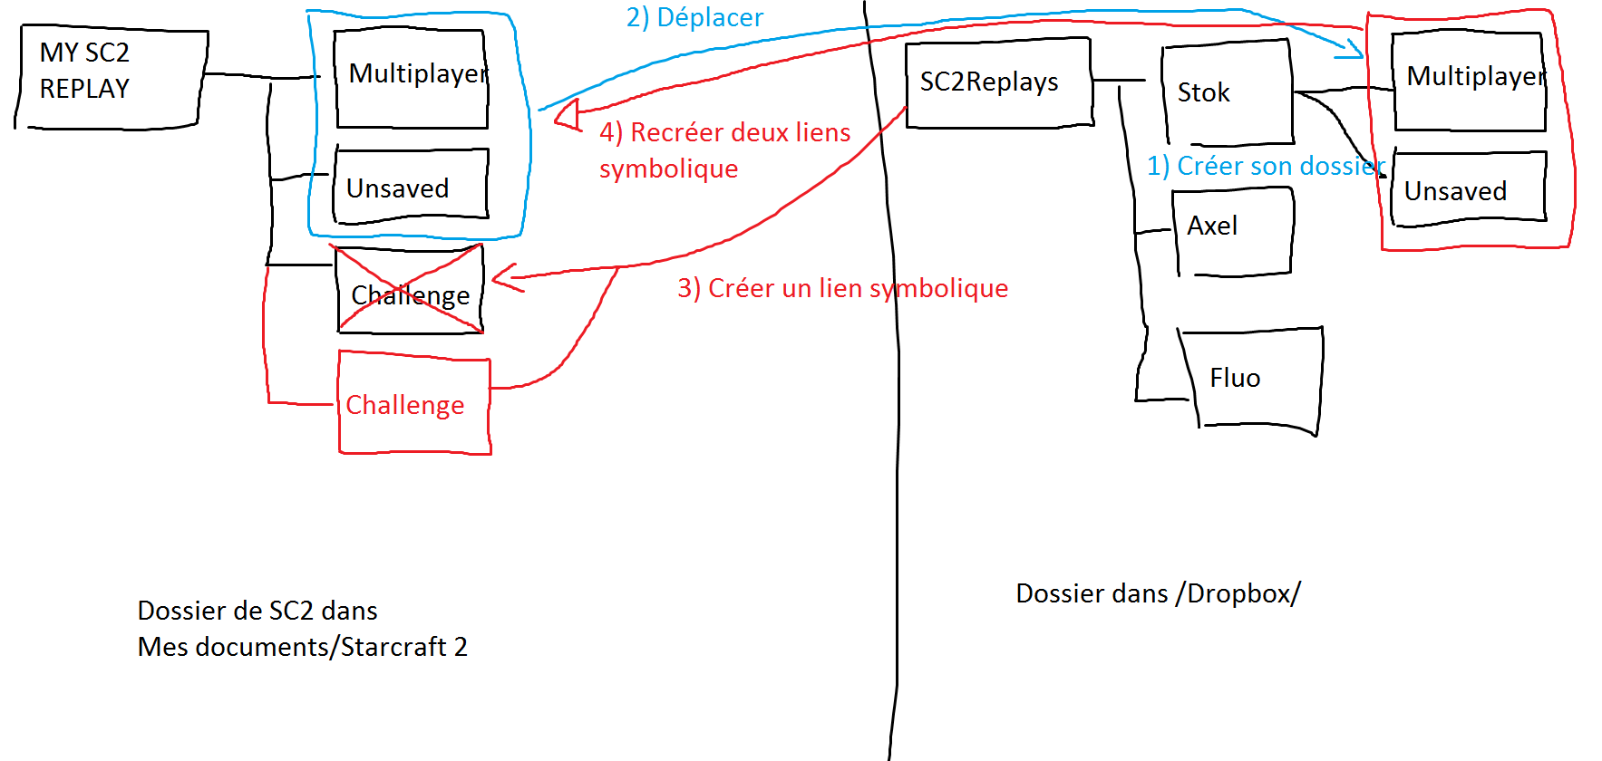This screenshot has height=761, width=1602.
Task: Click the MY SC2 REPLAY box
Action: [111, 79]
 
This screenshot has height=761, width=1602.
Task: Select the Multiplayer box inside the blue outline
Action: [412, 79]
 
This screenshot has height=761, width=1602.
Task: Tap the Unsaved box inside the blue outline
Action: [411, 186]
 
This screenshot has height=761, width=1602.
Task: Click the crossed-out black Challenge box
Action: [410, 290]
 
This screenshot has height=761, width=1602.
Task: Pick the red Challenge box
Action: [414, 403]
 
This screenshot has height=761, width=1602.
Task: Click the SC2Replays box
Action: [998, 82]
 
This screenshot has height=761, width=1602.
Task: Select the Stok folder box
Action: [1228, 92]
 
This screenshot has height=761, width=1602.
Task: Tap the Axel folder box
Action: [1233, 231]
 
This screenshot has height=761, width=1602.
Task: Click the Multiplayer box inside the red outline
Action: [1470, 82]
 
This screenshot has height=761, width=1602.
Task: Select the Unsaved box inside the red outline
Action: [1469, 188]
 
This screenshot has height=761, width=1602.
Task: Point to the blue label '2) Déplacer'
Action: [694, 17]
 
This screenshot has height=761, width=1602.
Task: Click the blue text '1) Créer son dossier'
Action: [1266, 166]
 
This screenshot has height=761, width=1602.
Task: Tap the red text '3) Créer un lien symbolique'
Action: [842, 288]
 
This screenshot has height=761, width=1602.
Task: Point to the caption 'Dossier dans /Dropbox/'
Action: [1158, 593]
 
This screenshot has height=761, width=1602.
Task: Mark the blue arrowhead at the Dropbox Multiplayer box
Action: [1352, 49]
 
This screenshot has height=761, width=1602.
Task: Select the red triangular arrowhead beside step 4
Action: [569, 116]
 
